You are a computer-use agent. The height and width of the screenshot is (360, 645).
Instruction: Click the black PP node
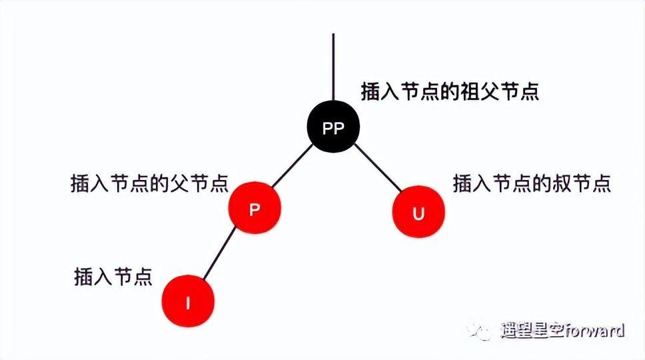click(x=333, y=128)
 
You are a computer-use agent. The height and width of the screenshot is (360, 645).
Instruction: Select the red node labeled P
click(x=255, y=208)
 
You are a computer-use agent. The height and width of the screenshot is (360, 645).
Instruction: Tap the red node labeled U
click(x=418, y=213)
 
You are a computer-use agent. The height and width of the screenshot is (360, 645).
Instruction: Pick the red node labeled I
click(x=188, y=302)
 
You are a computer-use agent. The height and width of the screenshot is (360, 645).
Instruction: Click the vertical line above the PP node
click(x=333, y=67)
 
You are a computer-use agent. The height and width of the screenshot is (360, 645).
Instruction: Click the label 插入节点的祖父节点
click(x=450, y=91)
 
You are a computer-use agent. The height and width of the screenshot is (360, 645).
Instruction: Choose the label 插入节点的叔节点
click(x=532, y=182)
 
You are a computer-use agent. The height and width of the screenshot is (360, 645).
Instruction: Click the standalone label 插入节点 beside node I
click(x=113, y=276)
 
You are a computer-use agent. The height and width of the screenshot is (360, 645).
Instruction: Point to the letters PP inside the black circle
click(x=333, y=129)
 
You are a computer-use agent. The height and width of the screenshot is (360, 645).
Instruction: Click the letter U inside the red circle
click(x=418, y=213)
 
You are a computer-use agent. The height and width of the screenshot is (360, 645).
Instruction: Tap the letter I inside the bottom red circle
click(x=188, y=303)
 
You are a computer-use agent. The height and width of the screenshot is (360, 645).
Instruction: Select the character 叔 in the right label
click(x=558, y=182)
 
